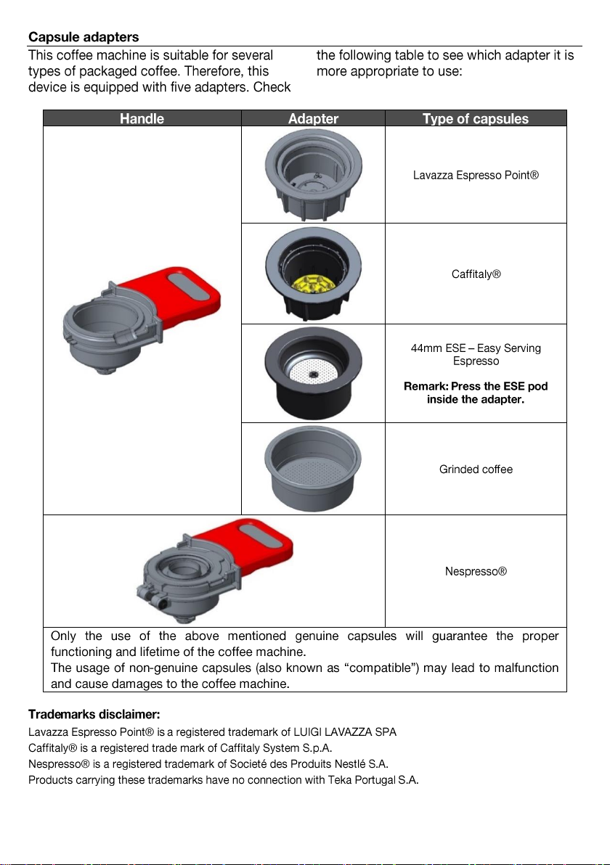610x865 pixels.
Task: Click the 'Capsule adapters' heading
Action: click(x=84, y=36)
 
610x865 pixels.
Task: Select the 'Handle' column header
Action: click(x=142, y=118)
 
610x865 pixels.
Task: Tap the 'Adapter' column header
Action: click(x=313, y=118)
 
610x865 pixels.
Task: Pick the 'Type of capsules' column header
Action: click(x=476, y=118)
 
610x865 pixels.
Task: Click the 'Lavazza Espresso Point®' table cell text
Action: click(x=476, y=176)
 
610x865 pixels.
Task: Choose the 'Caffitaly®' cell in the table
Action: click(x=476, y=275)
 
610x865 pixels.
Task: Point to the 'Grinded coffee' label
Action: click(x=476, y=470)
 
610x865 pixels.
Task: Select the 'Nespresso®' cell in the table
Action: click(x=476, y=572)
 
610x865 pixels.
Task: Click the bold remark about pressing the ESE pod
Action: click(x=476, y=393)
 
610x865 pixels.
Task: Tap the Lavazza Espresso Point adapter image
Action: click(x=313, y=174)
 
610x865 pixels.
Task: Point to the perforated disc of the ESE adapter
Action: click(x=313, y=374)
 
